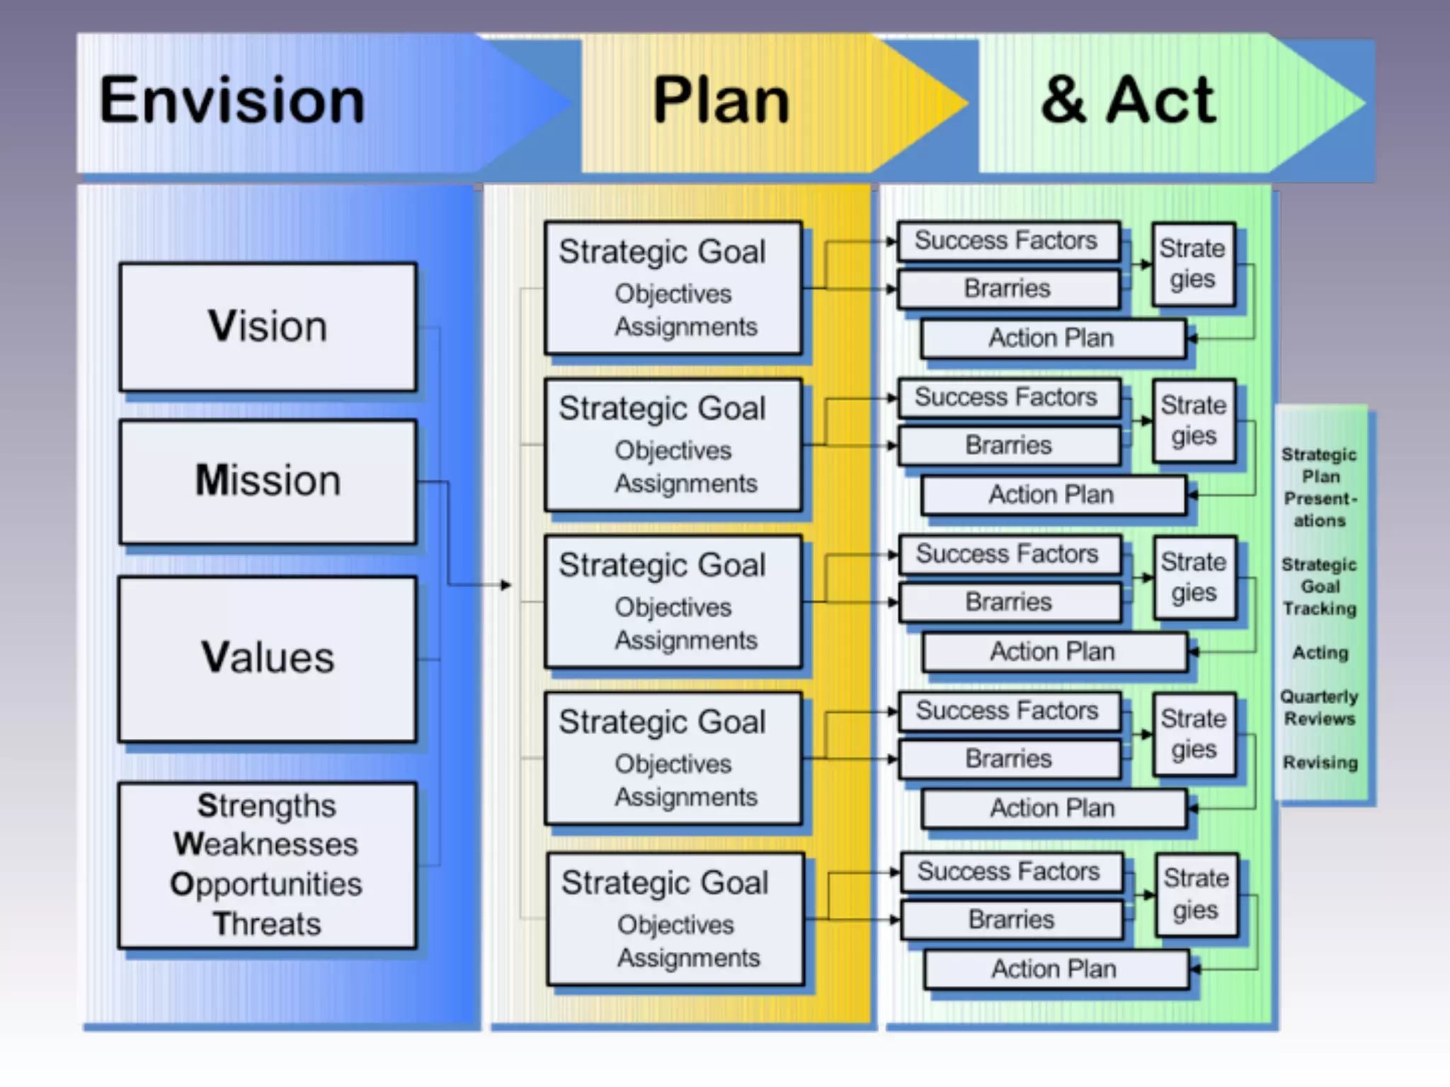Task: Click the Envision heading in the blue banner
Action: [x=232, y=101]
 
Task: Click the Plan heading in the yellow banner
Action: [x=721, y=101]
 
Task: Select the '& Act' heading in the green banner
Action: [x=1129, y=101]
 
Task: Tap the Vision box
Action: [x=268, y=326]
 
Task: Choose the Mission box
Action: [x=268, y=481]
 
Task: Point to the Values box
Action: [x=268, y=657]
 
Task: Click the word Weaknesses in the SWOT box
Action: [x=266, y=844]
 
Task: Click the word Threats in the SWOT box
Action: [x=267, y=924]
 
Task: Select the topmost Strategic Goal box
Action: [x=673, y=287]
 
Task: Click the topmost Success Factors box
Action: [x=1007, y=241]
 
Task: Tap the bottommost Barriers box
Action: [x=1011, y=919]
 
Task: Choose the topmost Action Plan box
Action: [x=1052, y=338]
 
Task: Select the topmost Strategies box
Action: [x=1193, y=264]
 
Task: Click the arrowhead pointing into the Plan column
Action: [x=506, y=585]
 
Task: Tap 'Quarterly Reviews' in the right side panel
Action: [x=1320, y=708]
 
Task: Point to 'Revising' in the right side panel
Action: [x=1320, y=763]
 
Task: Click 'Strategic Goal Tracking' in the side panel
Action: [x=1320, y=587]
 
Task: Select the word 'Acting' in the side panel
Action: [x=1320, y=652]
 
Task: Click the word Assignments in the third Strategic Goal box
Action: [x=685, y=640]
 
